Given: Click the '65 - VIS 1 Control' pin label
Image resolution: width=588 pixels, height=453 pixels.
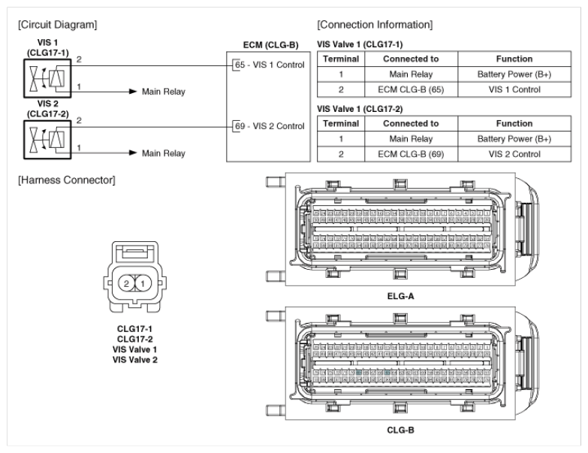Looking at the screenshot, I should tap(268, 65).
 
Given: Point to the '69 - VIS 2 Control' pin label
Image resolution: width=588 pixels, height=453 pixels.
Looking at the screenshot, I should tap(268, 125).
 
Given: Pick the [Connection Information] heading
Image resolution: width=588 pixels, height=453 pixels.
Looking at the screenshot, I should tap(375, 24).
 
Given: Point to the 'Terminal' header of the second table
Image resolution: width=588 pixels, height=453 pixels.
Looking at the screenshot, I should tap(340, 123).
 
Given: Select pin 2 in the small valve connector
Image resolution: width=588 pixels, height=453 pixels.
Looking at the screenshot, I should tap(128, 284).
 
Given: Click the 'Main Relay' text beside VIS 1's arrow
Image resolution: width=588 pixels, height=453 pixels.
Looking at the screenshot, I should tap(164, 92).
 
